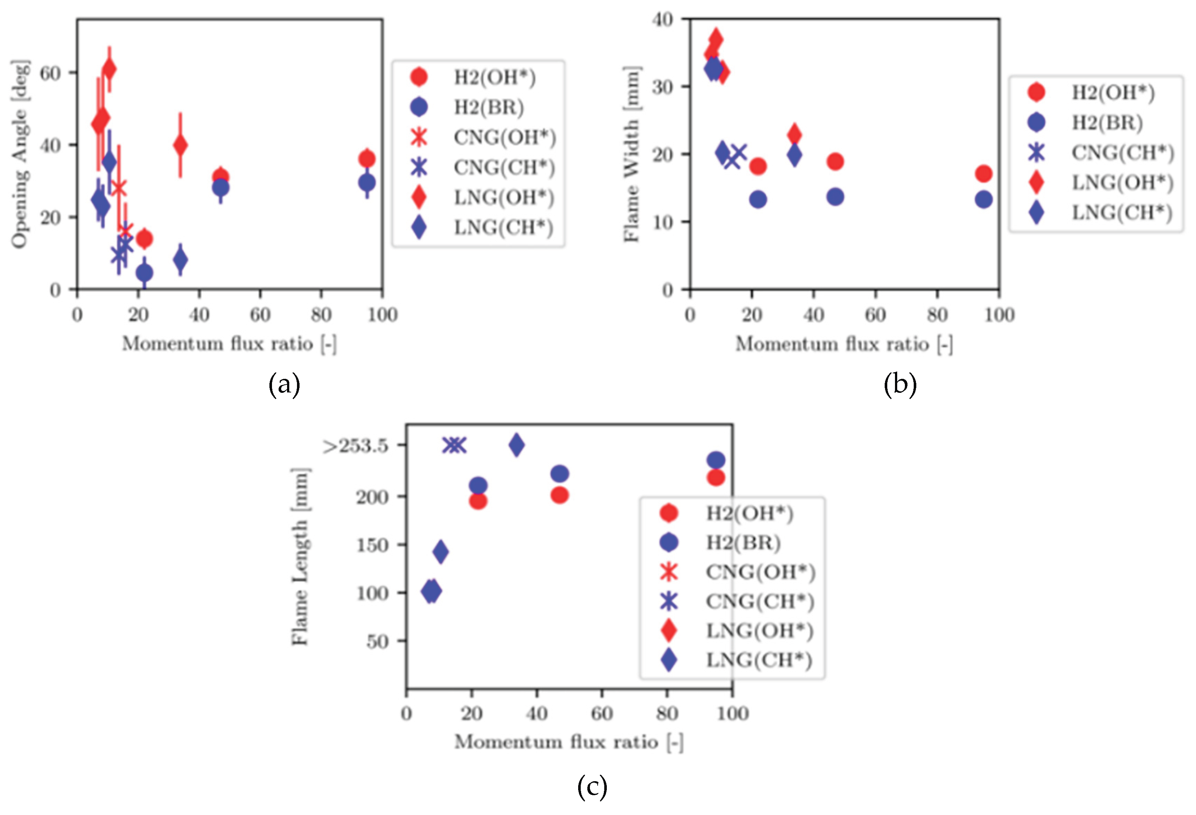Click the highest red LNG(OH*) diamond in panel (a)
(109, 69)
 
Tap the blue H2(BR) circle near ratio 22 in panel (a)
(144, 272)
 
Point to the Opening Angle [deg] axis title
(19, 154)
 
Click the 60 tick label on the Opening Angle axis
(50, 73)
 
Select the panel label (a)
(284, 385)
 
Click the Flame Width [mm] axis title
(631, 154)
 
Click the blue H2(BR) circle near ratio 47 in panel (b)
(835, 197)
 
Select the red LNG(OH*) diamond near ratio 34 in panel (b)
(794, 135)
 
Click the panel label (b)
(900, 385)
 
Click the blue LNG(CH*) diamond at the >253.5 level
(517, 445)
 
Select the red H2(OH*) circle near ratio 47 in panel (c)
(559, 495)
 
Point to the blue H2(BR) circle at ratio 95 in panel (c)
(716, 460)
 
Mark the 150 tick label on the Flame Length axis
(373, 545)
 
